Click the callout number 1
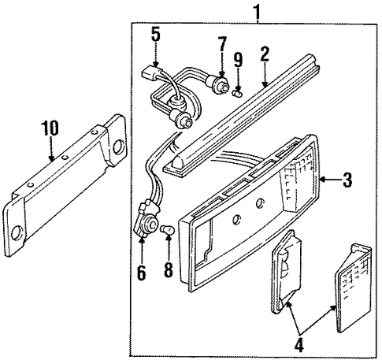[257, 12]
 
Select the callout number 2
[265, 54]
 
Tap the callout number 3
[347, 180]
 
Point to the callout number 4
[299, 344]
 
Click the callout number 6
[141, 273]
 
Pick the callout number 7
[222, 44]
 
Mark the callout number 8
[169, 269]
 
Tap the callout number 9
[238, 60]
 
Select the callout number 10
[50, 128]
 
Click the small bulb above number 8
[169, 230]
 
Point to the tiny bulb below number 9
[237, 93]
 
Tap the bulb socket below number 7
[220, 84]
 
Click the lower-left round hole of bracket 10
[18, 232]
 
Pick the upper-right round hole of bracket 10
[119, 147]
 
